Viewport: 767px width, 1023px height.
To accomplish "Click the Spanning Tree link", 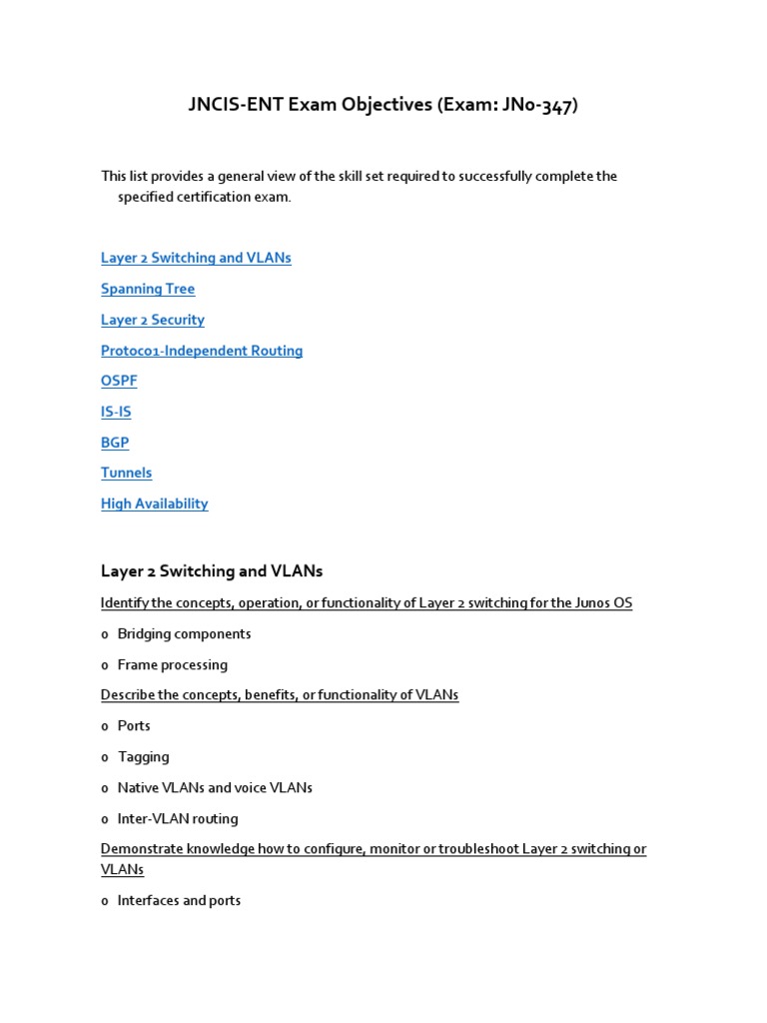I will [148, 289].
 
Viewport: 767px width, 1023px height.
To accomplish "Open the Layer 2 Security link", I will [153, 320].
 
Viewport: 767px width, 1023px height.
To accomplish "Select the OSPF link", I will [119, 381].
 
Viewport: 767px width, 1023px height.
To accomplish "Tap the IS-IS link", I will [116, 412].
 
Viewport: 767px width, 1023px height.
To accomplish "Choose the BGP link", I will [115, 443].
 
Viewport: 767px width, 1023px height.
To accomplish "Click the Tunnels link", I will [127, 473].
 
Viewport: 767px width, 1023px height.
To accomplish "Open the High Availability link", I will [155, 504].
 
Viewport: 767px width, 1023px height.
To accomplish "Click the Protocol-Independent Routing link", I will [202, 351].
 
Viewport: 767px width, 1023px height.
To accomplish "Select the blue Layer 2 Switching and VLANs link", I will [196, 258].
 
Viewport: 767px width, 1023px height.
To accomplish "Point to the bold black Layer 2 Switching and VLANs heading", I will [212, 571].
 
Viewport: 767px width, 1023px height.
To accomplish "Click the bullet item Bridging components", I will [184, 633].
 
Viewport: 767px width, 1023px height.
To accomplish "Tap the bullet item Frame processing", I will [173, 664].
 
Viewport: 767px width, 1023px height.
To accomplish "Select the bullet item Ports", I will [134, 725].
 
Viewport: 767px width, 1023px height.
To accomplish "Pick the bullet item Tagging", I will [144, 756].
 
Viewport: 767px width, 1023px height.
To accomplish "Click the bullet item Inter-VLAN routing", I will [178, 818].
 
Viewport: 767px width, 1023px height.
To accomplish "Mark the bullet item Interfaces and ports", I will [179, 900].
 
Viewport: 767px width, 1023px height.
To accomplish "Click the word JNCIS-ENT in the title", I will [236, 105].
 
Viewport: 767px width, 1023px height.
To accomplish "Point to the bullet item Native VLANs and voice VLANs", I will [215, 787].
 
